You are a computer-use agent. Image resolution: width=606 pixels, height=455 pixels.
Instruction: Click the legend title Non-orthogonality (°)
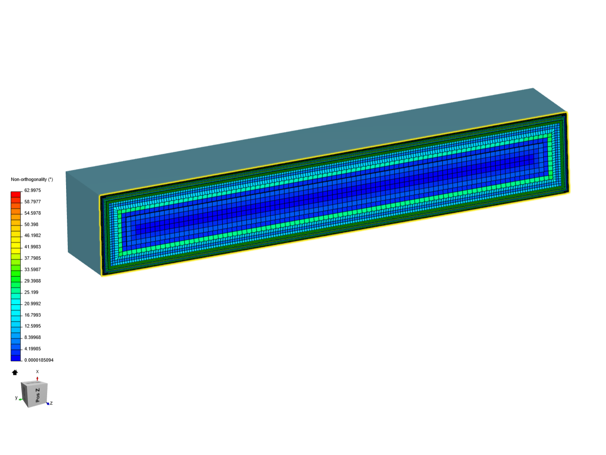[x=32, y=179]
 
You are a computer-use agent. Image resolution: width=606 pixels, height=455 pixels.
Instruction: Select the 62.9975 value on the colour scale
[x=32, y=190]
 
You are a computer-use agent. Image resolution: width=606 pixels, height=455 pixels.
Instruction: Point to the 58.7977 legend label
[x=32, y=202]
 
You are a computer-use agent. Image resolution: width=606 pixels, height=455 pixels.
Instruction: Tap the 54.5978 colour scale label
[x=32, y=213]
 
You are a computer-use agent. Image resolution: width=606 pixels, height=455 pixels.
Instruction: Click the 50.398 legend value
[x=31, y=224]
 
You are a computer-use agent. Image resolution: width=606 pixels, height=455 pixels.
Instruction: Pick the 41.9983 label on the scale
[x=32, y=247]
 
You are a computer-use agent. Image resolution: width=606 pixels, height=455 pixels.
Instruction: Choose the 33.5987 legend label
[x=32, y=269]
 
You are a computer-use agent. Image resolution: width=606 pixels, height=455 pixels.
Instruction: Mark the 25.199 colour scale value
[x=31, y=292]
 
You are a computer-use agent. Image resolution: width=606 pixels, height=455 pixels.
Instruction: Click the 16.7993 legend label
[x=32, y=315]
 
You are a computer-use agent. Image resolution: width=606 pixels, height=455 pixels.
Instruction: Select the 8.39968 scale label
[x=32, y=337]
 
